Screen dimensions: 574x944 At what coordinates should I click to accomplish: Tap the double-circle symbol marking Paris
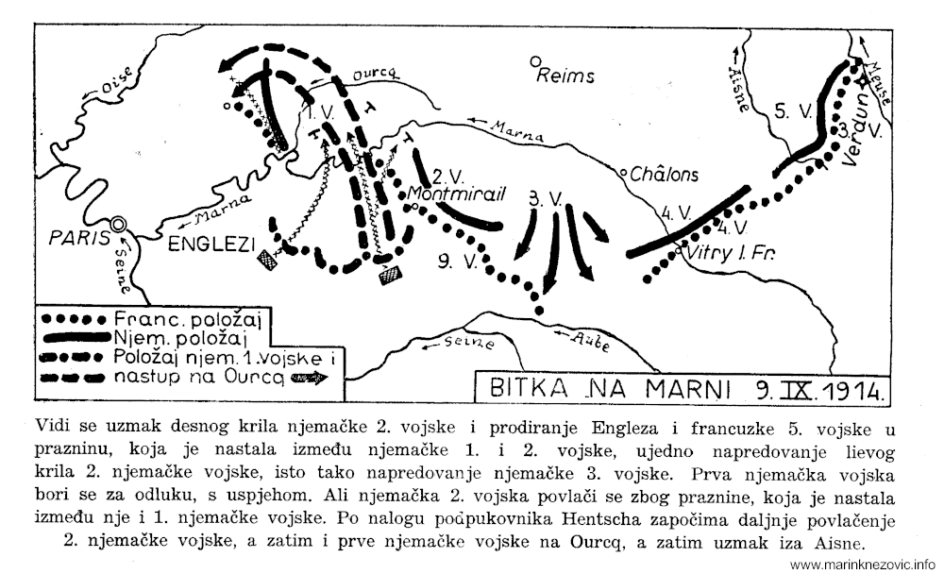click(120, 224)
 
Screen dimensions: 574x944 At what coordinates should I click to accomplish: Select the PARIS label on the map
click(79, 239)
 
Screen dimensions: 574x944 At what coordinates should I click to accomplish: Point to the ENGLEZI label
click(212, 245)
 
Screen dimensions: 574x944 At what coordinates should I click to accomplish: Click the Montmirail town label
click(456, 194)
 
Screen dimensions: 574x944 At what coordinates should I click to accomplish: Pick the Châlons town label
click(666, 175)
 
